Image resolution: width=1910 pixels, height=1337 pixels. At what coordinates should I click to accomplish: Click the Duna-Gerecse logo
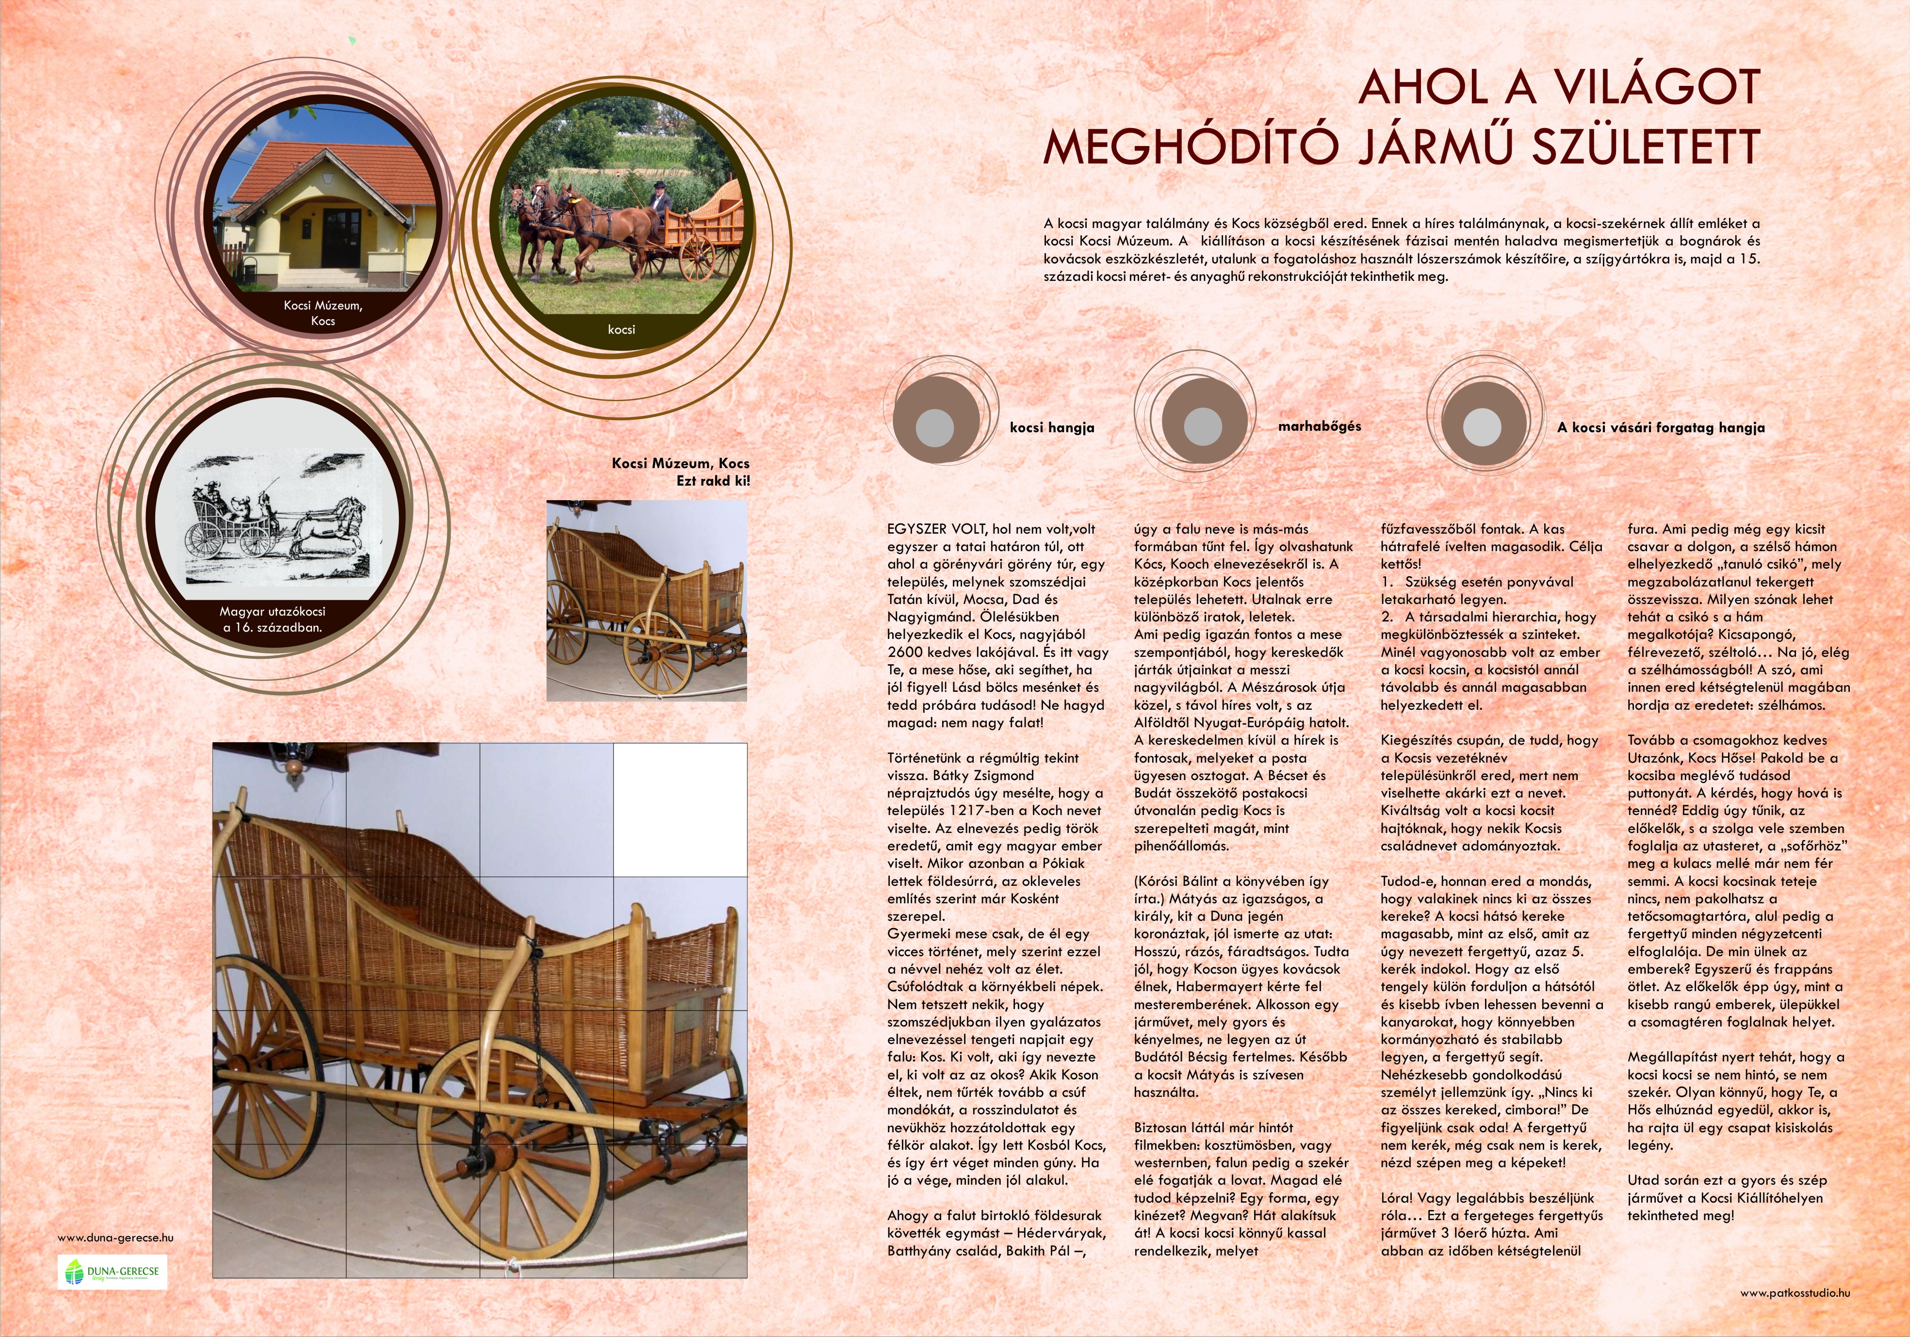coord(112,1272)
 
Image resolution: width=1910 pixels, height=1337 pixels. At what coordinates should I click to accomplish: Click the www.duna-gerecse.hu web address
coord(115,1237)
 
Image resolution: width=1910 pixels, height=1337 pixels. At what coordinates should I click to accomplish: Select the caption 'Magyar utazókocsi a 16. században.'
coord(273,619)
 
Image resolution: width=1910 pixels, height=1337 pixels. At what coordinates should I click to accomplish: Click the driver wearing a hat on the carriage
coord(658,200)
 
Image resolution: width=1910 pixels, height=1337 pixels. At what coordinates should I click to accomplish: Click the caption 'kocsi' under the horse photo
coord(621,329)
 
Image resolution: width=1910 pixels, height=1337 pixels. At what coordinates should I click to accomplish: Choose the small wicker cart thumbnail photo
coord(646,600)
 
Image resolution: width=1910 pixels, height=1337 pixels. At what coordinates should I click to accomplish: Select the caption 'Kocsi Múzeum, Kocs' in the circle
coord(323,313)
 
